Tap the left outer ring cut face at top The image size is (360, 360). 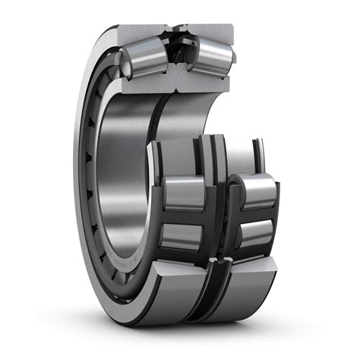tap(141, 34)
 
